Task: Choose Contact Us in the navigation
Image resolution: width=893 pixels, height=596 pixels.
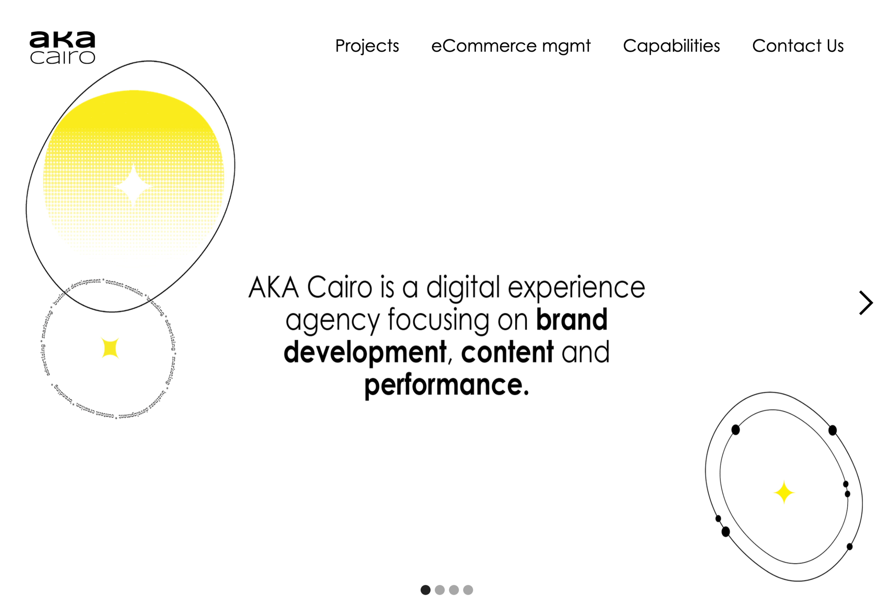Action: [797, 46]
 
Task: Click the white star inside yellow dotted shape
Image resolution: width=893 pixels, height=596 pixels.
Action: [133, 186]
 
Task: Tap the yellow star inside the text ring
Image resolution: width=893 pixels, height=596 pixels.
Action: [110, 348]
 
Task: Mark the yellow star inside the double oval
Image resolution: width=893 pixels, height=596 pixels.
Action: [784, 492]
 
